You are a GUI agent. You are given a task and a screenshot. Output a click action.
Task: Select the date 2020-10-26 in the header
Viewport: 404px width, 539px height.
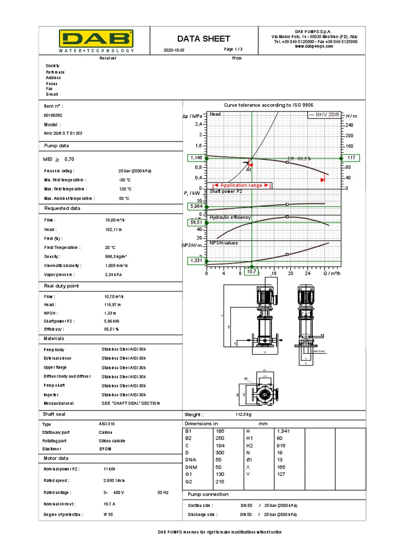point(175,50)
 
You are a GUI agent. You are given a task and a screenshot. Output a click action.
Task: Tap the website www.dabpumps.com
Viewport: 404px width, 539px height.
point(315,46)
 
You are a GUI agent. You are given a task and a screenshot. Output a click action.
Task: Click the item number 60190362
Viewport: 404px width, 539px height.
point(53,115)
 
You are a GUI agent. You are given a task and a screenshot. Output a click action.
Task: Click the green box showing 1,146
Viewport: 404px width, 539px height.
point(196,158)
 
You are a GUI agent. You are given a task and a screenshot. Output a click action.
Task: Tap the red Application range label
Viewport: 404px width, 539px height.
point(241,185)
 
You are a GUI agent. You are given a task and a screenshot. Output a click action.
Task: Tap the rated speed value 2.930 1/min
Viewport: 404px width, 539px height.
point(113,481)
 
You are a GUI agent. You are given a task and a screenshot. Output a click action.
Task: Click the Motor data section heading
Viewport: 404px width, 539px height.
point(56,458)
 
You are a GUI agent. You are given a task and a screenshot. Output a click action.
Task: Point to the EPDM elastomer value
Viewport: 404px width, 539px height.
point(105,449)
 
